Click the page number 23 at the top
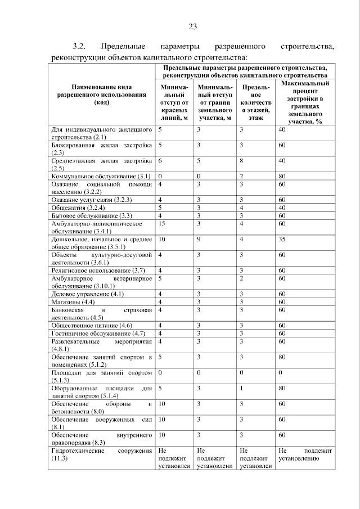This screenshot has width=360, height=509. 192,26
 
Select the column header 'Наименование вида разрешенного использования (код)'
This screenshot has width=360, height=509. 102,94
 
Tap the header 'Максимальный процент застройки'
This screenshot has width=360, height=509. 305,102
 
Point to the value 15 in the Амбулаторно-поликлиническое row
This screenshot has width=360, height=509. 162,223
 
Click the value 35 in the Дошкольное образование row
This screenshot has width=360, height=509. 282,239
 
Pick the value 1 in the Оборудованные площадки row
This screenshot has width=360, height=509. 241,388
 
